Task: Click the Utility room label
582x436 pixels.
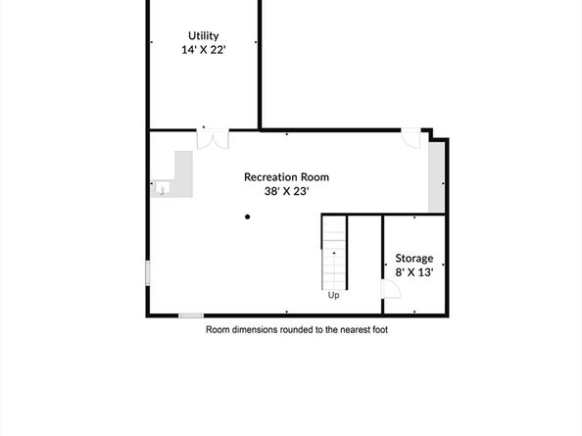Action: [205, 36]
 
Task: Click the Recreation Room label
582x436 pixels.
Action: [286, 177]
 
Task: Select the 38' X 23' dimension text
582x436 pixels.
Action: [286, 192]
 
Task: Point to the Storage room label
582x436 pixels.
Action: [414, 259]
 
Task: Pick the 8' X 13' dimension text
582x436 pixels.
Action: [414, 272]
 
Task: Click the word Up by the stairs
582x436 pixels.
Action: [334, 295]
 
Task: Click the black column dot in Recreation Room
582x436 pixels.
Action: [248, 217]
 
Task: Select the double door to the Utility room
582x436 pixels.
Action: [211, 139]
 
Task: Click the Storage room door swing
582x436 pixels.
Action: [389, 288]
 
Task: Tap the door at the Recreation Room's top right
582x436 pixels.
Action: [412, 139]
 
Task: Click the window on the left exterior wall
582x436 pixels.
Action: [148, 272]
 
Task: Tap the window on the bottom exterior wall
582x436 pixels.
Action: [191, 315]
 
